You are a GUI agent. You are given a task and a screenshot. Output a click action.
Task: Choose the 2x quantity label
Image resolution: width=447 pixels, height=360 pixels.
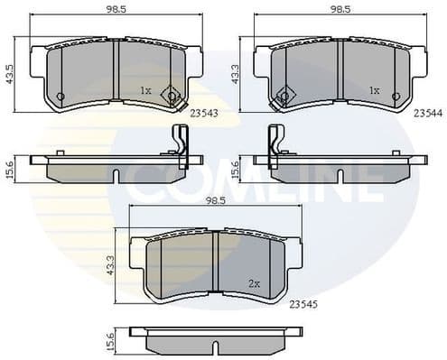(255, 283)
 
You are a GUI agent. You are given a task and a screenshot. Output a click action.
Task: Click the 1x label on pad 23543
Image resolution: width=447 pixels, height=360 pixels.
(146, 90)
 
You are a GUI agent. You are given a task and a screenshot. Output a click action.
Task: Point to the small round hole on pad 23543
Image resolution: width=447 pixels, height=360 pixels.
(61, 97)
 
